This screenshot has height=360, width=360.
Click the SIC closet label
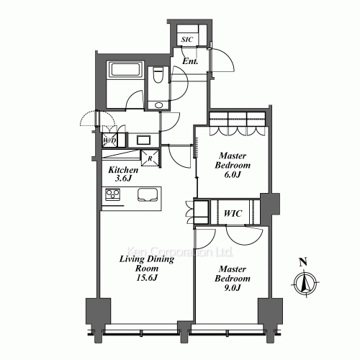click(186, 40)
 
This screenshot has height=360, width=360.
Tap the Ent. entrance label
click(190, 61)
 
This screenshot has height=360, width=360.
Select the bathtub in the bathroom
click(125, 70)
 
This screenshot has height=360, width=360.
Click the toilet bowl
click(158, 75)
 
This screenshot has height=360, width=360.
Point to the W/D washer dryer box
click(109, 140)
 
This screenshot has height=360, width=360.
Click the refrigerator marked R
click(150, 158)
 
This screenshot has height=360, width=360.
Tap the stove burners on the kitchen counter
click(113, 194)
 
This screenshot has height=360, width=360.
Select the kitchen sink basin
click(148, 194)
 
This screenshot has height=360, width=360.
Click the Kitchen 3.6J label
click(123, 174)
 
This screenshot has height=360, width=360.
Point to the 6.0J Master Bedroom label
click(233, 165)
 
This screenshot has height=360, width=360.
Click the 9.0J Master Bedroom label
click(233, 279)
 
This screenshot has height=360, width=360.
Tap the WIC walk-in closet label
click(233, 213)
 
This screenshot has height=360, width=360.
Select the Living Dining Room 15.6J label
click(147, 269)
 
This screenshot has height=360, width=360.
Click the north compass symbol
click(305, 283)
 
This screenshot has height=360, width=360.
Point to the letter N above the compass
click(303, 262)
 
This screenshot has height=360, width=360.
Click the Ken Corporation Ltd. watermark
click(180, 252)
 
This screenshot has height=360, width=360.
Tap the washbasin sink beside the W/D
click(143, 140)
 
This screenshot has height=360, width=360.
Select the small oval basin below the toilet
click(158, 105)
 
